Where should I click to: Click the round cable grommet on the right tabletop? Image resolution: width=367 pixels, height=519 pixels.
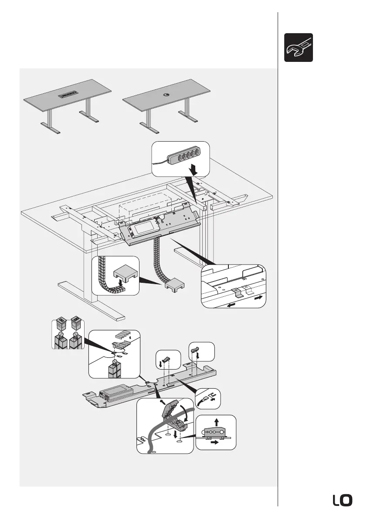pos(167,94)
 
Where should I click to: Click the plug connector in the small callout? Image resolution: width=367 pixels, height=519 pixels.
pos(204,398)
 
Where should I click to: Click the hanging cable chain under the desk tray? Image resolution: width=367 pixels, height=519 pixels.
pos(157,257)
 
